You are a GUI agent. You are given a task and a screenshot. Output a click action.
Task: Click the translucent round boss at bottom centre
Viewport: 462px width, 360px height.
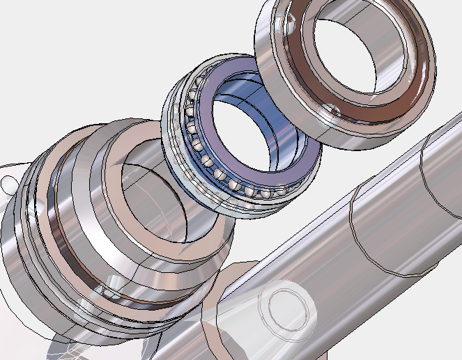[286, 306]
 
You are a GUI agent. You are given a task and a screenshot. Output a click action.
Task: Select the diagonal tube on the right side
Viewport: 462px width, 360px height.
[390, 209]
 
